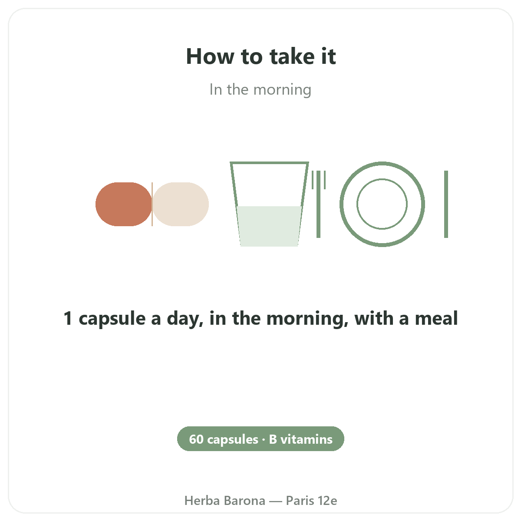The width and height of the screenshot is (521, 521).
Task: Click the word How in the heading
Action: tap(210, 56)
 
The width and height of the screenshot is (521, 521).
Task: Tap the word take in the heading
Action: tap(292, 56)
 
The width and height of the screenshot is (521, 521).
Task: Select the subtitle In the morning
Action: tap(260, 89)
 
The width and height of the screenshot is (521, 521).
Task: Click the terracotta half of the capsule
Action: tap(123, 204)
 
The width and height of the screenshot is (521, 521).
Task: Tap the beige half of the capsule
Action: tap(181, 204)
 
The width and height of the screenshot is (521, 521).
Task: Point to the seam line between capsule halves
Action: tap(152, 204)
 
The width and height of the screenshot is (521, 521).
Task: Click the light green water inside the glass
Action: tap(269, 226)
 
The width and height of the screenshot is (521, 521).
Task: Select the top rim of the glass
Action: tap(269, 163)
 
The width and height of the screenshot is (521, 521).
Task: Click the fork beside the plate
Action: tap(319, 204)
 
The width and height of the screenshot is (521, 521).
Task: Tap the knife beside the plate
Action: tap(446, 204)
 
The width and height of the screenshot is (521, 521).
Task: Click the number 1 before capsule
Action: tap(68, 318)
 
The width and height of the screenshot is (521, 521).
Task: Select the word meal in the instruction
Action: tap(436, 318)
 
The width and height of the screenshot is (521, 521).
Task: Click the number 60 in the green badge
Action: tap(196, 439)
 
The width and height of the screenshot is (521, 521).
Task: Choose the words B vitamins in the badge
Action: tap(300, 439)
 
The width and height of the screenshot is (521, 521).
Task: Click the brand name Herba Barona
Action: tap(224, 501)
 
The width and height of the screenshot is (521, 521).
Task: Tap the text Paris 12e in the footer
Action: tap(311, 501)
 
